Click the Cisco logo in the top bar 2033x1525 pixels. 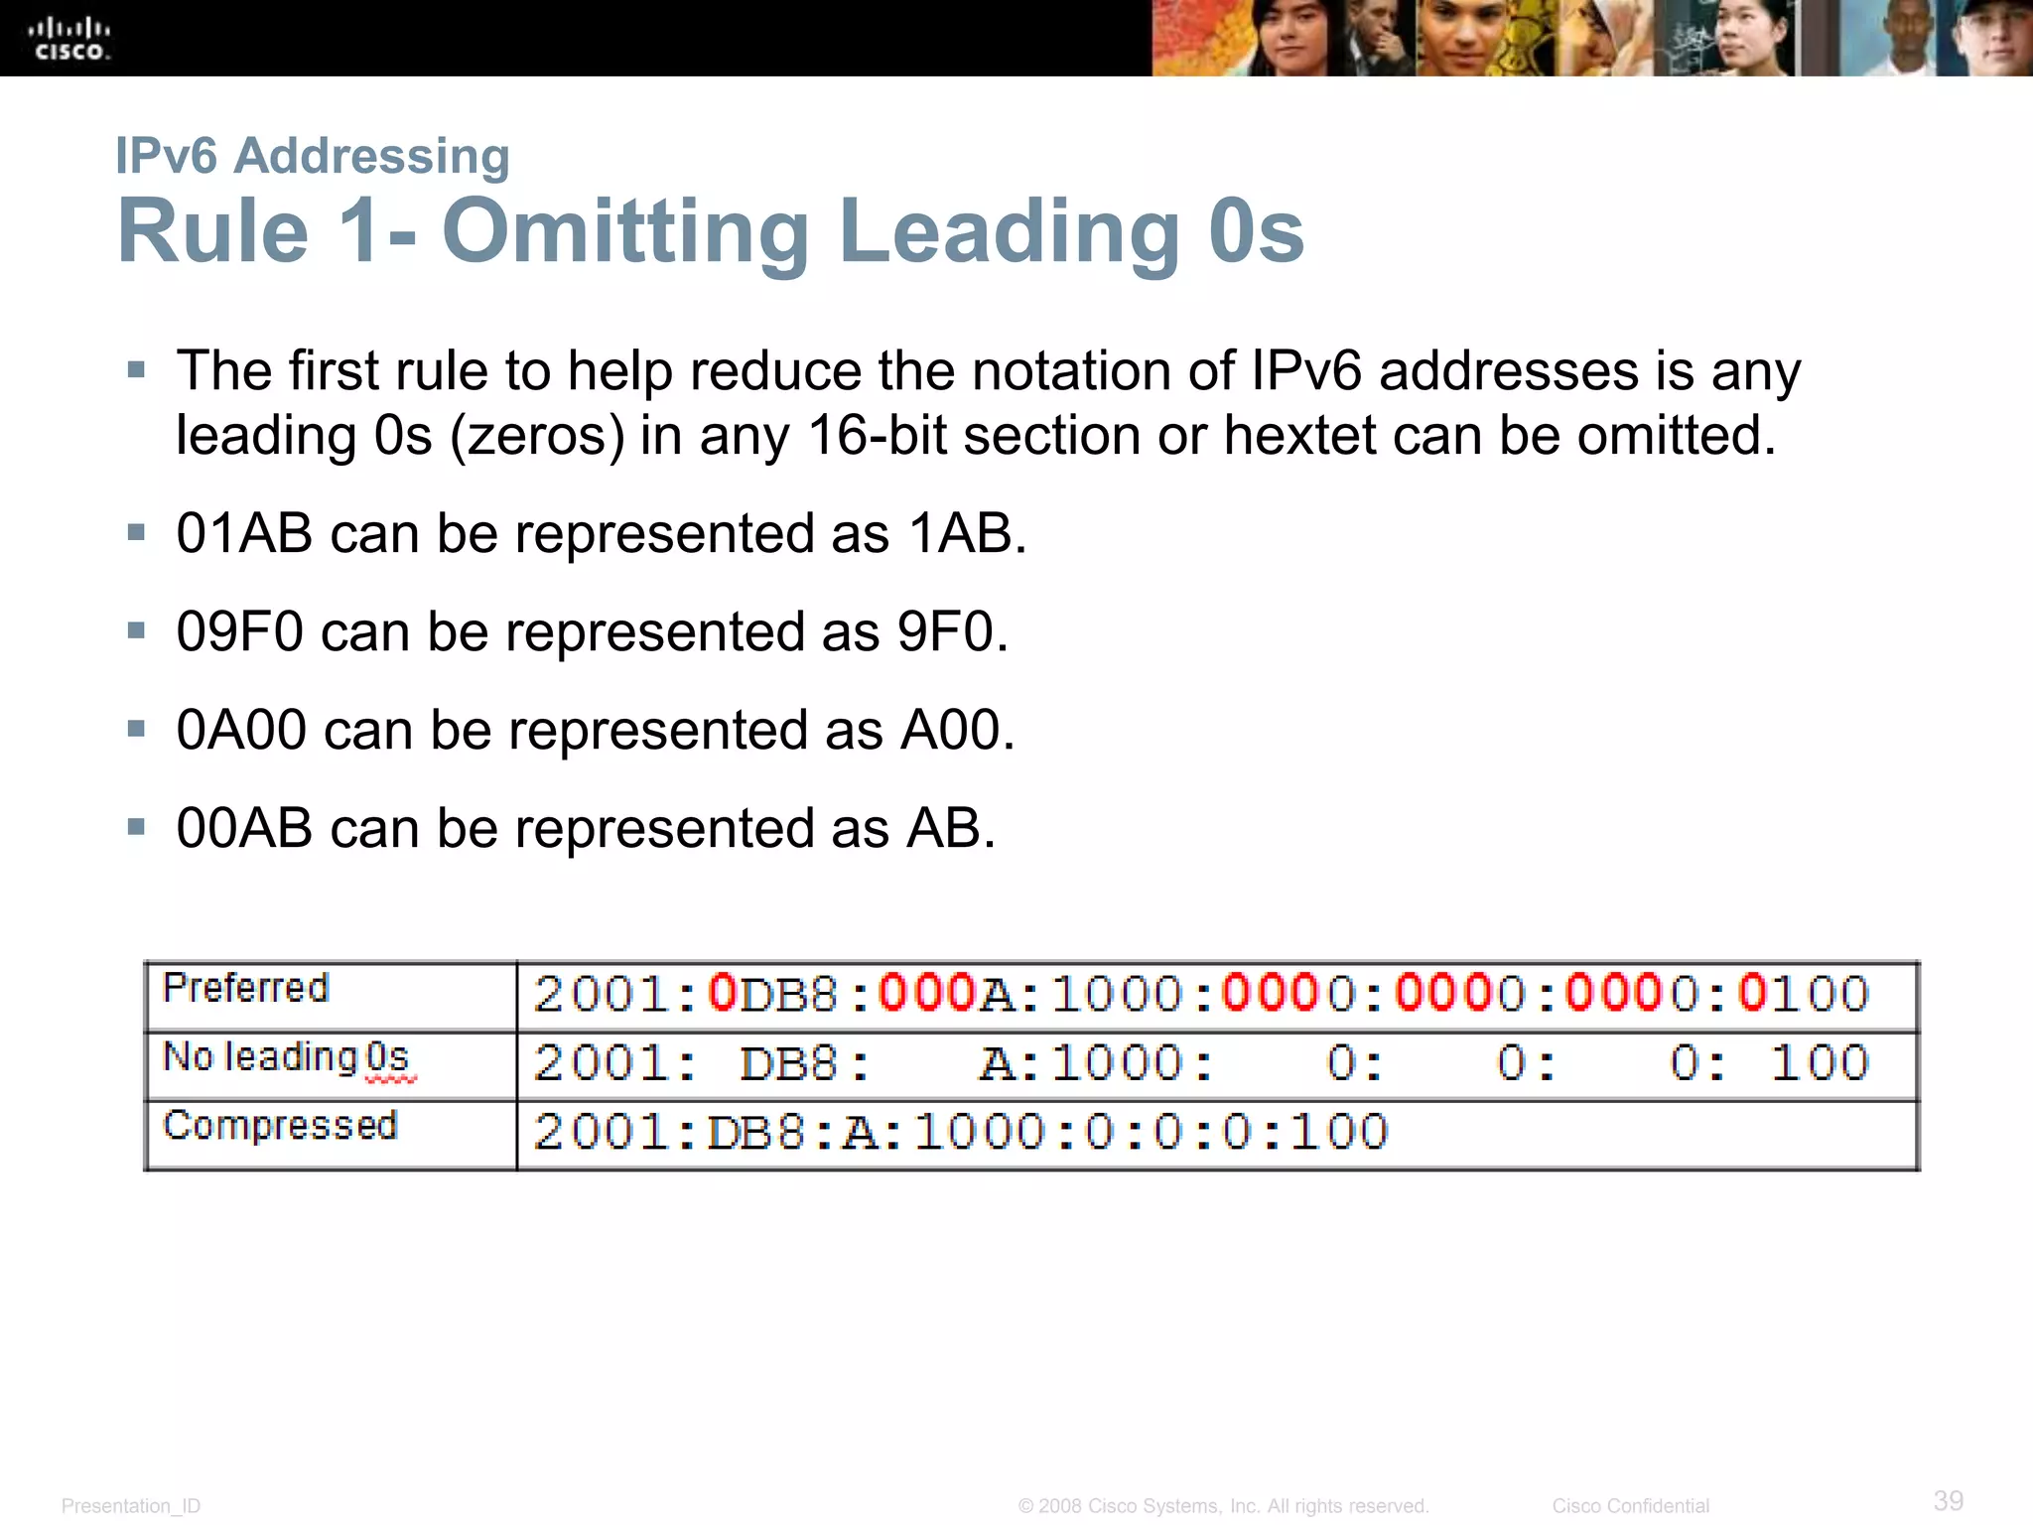pyautogui.click(x=68, y=39)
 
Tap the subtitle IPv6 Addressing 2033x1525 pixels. pyautogui.click(x=313, y=156)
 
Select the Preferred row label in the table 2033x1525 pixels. pyautogui.click(x=245, y=989)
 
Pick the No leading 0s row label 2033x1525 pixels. pyautogui.click(x=287, y=1058)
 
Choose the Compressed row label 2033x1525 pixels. pyautogui.click(x=280, y=1126)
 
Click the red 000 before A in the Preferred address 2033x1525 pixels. pyautogui.click(x=927, y=994)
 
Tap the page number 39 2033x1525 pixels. pyautogui.click(x=1948, y=1500)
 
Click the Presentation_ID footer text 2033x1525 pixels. pyautogui.click(x=131, y=1506)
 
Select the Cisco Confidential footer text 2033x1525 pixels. pyautogui.click(x=1630, y=1506)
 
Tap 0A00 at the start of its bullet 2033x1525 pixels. pyautogui.click(x=241, y=731)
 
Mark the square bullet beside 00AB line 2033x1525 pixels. pyautogui.click(x=137, y=826)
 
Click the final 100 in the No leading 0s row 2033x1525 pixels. pyautogui.click(x=1820, y=1063)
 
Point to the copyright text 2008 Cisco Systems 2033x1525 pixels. pyautogui.click(x=1223, y=1506)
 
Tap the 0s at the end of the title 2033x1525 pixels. pyautogui.click(x=1256, y=232)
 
